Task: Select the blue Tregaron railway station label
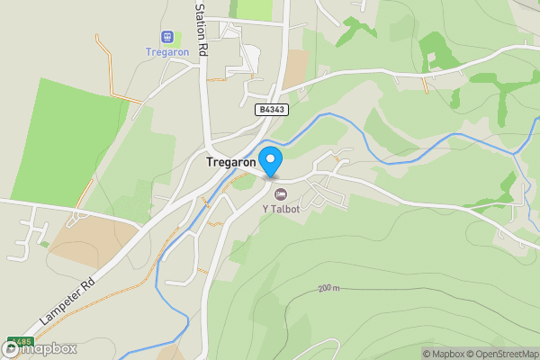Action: coord(166,51)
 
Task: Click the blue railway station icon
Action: coord(166,37)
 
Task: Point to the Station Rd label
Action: coord(202,30)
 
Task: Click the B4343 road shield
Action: coord(269,109)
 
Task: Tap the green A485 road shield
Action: coord(19,342)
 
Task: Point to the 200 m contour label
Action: coord(328,288)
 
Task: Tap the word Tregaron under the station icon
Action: coord(166,51)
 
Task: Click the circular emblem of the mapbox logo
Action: coord(10,348)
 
